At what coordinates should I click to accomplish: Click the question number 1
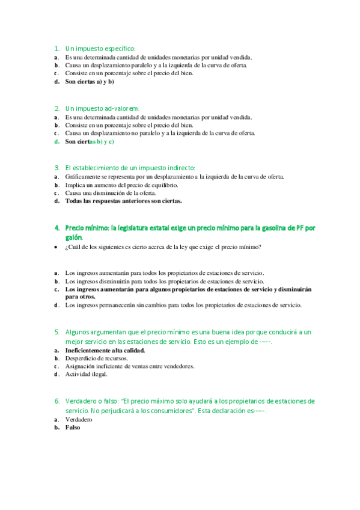point(56,48)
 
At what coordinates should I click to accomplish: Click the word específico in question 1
point(118,48)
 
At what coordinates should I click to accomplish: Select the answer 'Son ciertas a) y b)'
point(90,81)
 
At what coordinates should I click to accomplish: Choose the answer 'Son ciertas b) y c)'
point(90,141)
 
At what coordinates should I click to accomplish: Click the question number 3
point(56,168)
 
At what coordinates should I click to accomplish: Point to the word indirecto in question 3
point(178,168)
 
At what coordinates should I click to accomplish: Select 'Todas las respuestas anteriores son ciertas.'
point(123,201)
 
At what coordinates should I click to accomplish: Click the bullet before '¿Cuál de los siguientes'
point(56,247)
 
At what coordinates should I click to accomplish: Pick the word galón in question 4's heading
point(74,237)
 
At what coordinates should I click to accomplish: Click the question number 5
point(56,331)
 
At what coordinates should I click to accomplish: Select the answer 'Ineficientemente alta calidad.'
point(105,349)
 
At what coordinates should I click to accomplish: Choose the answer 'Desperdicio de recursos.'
point(96,358)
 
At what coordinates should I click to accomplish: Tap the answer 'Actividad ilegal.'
point(87,374)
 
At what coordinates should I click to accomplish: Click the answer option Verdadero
point(79,419)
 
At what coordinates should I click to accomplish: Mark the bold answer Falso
point(73,428)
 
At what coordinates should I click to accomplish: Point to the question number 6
point(56,401)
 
